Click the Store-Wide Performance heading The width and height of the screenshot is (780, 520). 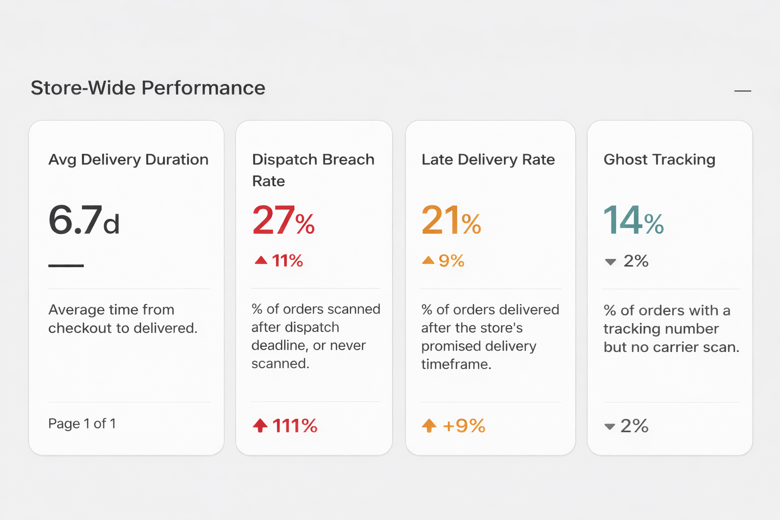click(148, 88)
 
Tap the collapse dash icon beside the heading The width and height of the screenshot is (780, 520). click(742, 91)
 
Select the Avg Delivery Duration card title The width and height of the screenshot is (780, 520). click(128, 159)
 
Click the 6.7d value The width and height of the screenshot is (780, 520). click(84, 221)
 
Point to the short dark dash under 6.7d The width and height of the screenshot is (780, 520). click(66, 266)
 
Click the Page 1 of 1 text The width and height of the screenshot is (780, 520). click(82, 424)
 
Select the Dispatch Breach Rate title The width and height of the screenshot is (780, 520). click(313, 170)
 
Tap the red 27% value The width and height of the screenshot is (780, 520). click(283, 221)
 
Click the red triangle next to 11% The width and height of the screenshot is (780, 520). click(261, 261)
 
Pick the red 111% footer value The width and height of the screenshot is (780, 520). click(295, 426)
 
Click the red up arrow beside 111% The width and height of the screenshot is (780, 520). click(260, 425)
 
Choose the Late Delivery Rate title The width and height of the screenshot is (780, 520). click(488, 159)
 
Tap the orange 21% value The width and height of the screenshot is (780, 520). click(451, 221)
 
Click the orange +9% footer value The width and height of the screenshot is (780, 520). click(464, 426)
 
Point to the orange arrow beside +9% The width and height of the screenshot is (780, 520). click(429, 425)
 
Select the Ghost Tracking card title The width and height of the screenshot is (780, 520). click(659, 159)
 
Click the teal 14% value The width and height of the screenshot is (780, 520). click(633, 221)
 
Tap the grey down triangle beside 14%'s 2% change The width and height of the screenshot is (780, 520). click(610, 262)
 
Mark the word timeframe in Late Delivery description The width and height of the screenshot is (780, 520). click(456, 365)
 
